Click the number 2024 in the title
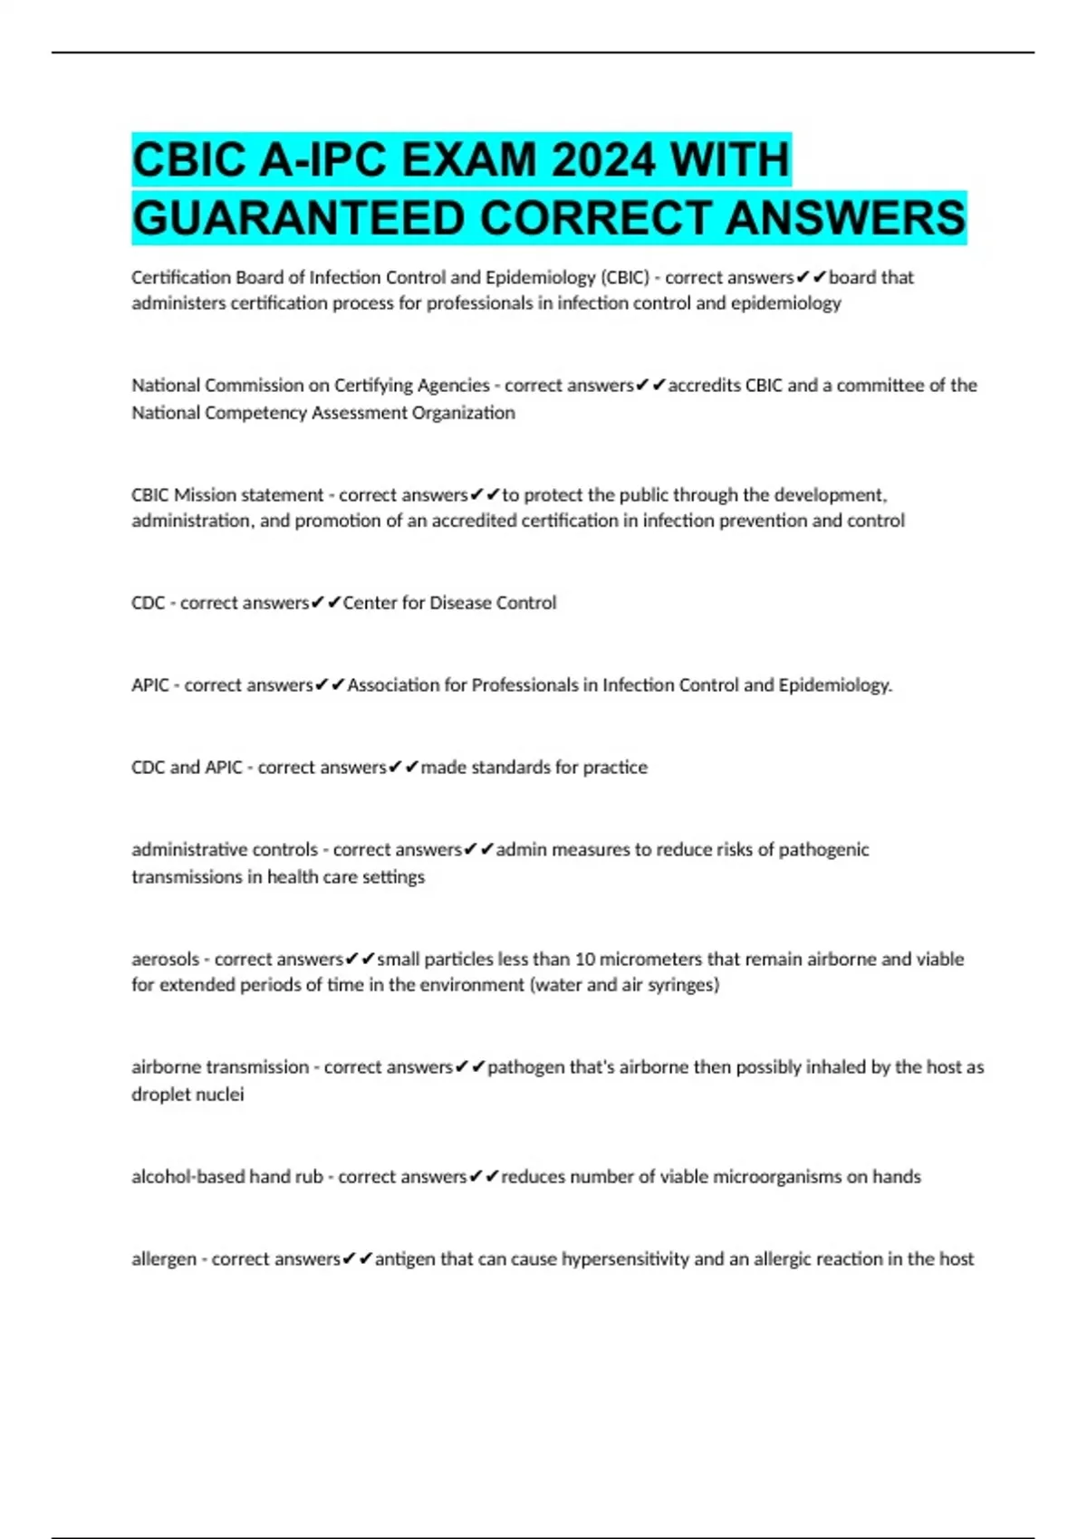coord(603,160)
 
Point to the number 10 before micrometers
coord(585,960)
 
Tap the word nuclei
coord(220,1095)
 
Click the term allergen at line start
coord(163,1259)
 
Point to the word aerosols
coord(165,960)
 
